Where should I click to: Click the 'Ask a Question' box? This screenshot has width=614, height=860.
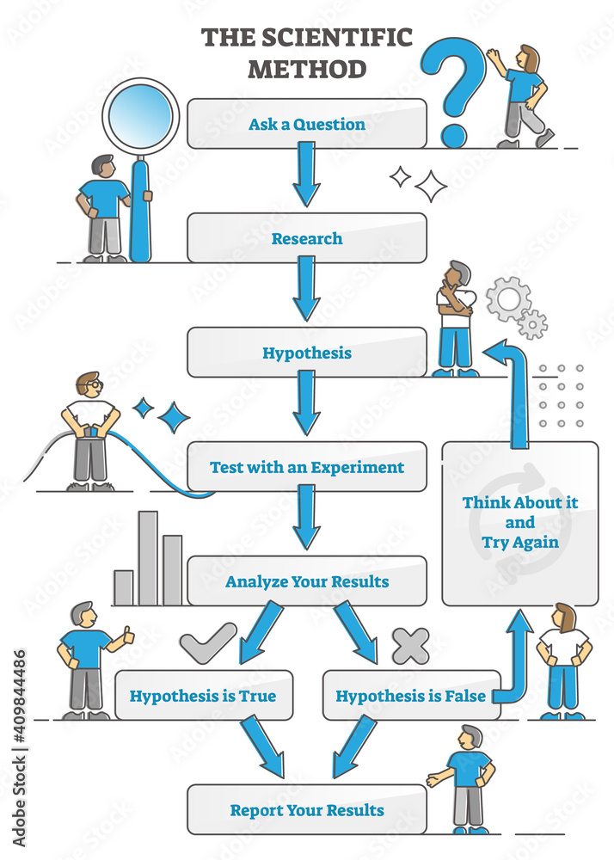[307, 124]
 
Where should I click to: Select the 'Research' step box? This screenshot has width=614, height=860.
[307, 238]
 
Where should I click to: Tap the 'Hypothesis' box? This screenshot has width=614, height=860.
[307, 353]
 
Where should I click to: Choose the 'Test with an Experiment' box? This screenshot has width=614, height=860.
[307, 467]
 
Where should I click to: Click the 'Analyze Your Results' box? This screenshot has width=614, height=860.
[307, 581]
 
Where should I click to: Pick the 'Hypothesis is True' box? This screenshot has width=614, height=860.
[203, 695]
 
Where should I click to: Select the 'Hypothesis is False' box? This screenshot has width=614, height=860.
[411, 695]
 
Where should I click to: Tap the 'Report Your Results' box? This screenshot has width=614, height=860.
[307, 809]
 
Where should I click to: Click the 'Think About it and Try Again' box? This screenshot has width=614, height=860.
[519, 523]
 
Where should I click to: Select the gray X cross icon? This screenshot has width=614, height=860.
[410, 645]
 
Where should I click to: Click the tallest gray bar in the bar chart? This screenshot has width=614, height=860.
[148, 559]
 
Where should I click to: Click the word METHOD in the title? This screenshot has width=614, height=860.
[307, 67]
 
